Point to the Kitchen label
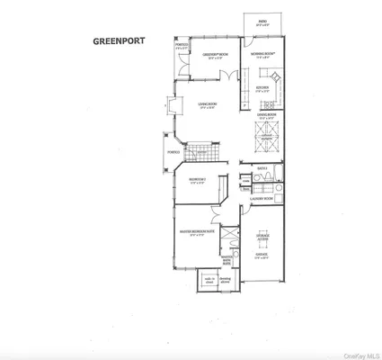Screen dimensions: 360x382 262,88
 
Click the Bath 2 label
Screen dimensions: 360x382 263,168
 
